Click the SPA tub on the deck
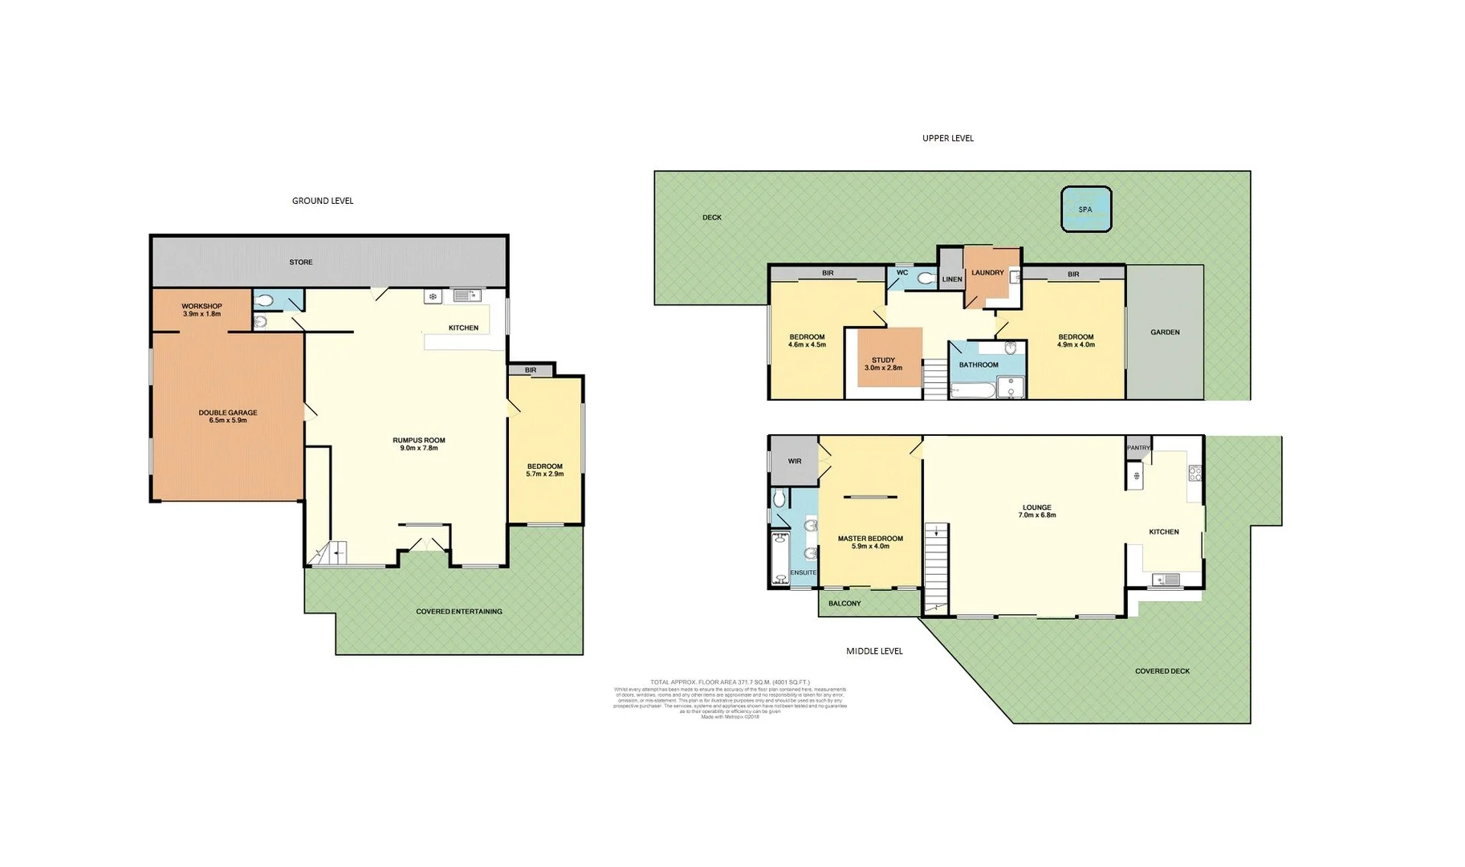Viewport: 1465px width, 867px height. point(1086,210)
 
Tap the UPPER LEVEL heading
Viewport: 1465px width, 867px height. point(947,138)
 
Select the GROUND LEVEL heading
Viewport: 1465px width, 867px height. point(322,201)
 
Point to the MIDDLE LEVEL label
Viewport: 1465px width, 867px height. point(874,651)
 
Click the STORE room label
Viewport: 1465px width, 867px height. point(301,263)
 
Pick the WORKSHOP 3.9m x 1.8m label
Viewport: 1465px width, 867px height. point(201,310)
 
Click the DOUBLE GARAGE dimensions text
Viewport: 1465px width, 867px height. point(228,420)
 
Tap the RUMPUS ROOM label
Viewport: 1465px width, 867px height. point(418,440)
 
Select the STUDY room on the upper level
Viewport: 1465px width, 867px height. point(883,364)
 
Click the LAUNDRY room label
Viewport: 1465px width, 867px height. point(987,273)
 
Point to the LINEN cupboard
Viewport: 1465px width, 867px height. point(952,279)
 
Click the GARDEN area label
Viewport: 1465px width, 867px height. point(1165,332)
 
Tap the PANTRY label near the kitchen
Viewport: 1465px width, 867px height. point(1138,448)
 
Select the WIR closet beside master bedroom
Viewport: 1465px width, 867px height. point(794,462)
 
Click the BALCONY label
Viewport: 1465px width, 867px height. point(844,604)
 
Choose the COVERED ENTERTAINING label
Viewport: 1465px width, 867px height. point(458,612)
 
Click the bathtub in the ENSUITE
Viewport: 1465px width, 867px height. point(779,557)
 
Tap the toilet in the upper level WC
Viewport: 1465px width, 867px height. point(926,279)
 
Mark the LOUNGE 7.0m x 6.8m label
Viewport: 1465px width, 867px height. point(1036,511)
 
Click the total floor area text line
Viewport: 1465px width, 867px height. point(730,682)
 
